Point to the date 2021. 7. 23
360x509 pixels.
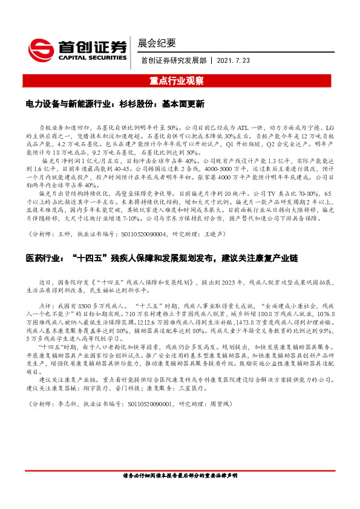[234, 60]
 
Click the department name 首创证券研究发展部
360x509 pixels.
[172, 60]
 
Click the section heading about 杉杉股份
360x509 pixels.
[116, 105]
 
